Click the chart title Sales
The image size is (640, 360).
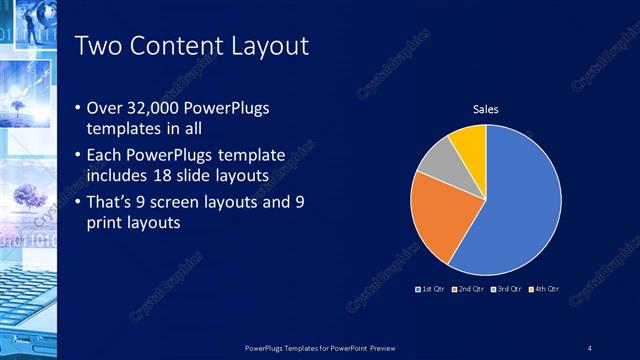[486, 109]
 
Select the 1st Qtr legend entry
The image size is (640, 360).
[430, 289]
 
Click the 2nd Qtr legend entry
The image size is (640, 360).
[470, 289]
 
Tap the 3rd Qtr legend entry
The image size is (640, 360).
[508, 289]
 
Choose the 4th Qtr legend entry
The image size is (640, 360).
[545, 289]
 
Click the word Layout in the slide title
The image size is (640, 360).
[264, 46]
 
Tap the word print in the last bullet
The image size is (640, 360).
[107, 223]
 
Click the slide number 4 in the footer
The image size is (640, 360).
[590, 347]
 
